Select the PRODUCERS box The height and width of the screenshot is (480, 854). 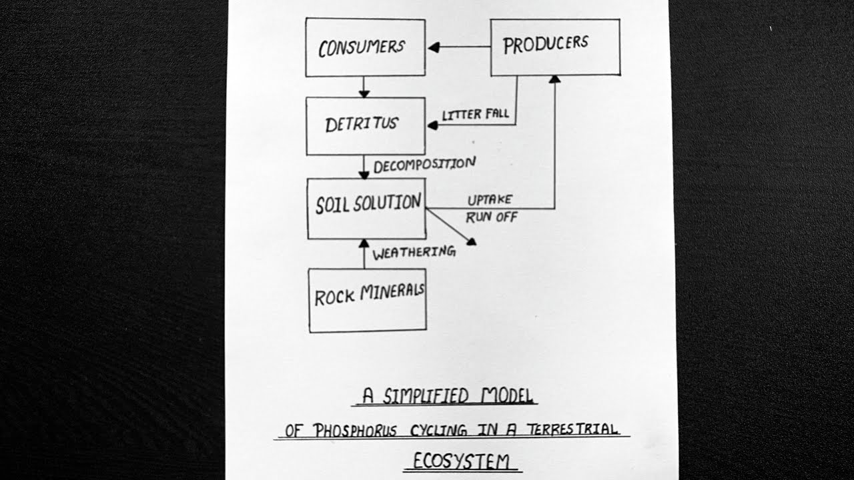click(555, 47)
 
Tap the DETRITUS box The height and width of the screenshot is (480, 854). click(365, 125)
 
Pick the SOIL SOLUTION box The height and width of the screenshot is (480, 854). click(366, 207)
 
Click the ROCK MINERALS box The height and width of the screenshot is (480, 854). click(367, 299)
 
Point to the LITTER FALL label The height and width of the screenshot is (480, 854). click(475, 115)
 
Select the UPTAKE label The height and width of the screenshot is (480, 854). click(489, 200)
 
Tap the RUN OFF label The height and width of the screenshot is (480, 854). click(491, 217)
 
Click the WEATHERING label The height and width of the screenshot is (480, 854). click(414, 253)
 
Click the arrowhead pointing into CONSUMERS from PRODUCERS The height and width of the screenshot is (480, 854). click(434, 47)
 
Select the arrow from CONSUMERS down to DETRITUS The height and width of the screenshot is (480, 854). click(364, 87)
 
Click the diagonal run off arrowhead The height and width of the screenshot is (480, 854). click(472, 241)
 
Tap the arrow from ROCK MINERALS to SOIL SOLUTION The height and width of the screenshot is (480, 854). click(364, 253)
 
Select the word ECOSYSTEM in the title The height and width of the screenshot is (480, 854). click(462, 461)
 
